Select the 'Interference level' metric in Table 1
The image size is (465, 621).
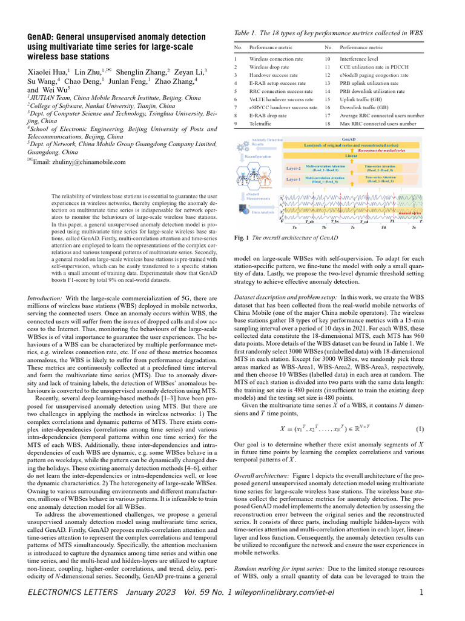click(361, 59)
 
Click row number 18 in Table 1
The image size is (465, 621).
click(328, 124)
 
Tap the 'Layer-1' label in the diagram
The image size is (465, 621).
click(293, 180)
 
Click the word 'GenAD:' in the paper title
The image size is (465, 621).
click(45, 37)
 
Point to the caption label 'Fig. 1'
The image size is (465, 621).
click(241, 238)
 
